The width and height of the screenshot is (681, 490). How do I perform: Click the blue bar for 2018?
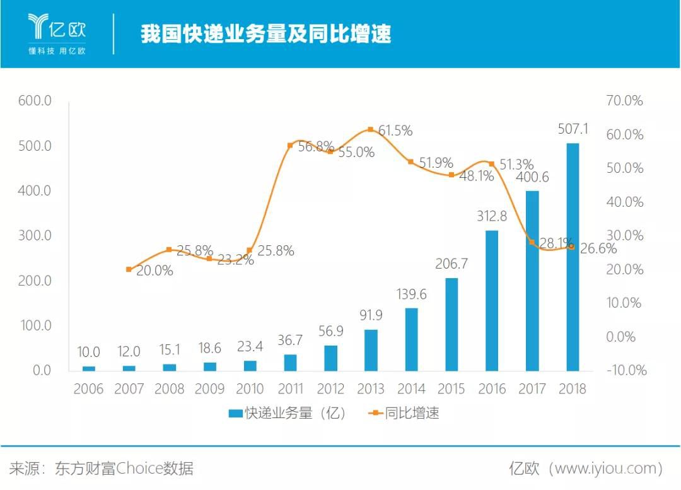click(x=573, y=257)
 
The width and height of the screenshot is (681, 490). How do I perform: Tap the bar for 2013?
click(x=371, y=350)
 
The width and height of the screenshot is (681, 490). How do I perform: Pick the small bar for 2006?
click(x=89, y=368)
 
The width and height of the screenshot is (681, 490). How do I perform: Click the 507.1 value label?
click(x=573, y=129)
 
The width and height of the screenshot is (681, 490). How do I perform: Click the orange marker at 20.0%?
click(x=129, y=269)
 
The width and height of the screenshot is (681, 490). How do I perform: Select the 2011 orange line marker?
click(x=290, y=146)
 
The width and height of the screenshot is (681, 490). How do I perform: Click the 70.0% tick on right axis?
click(x=624, y=101)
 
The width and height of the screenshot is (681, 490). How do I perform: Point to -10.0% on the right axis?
click(x=626, y=370)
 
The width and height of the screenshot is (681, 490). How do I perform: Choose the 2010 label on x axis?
click(x=250, y=388)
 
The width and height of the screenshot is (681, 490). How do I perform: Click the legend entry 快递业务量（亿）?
click(x=287, y=414)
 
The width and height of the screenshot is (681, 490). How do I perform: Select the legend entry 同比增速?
click(x=404, y=414)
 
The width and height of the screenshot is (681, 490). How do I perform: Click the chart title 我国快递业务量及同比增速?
click(x=265, y=33)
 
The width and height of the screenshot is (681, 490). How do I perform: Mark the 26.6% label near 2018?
click(x=597, y=249)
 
